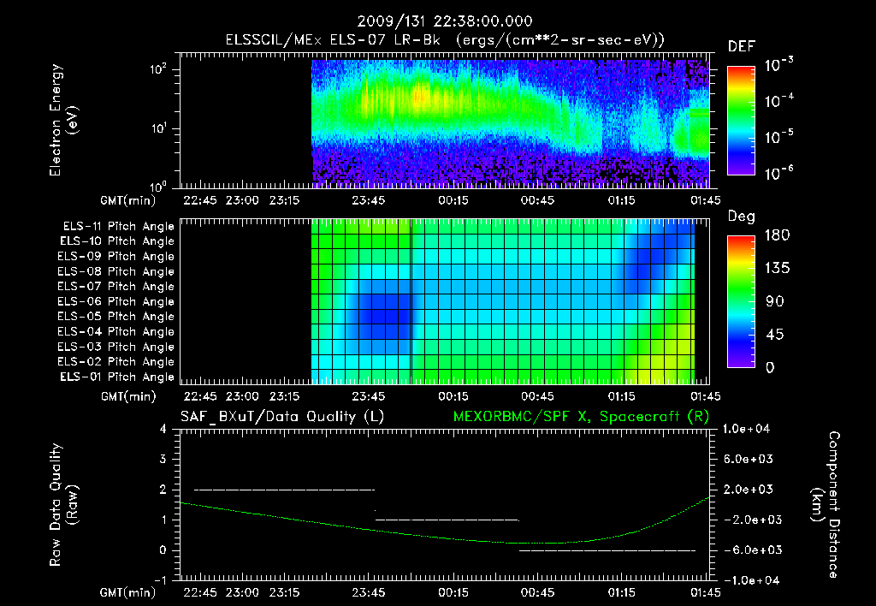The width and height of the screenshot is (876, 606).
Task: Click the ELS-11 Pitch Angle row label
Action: pyautogui.click(x=117, y=226)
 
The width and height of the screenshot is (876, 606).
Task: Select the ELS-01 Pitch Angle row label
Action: pyautogui.click(x=117, y=377)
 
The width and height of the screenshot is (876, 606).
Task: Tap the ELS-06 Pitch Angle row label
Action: pyautogui.click(x=117, y=301)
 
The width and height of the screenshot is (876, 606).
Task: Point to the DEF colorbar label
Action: pyautogui.click(x=740, y=46)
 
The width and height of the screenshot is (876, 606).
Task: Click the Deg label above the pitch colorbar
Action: pyautogui.click(x=740, y=217)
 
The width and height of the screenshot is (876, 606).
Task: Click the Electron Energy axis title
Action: pyautogui.click(x=65, y=122)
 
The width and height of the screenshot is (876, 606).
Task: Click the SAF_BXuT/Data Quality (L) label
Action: pyautogui.click(x=281, y=416)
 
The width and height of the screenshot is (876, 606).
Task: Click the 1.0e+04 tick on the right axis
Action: pyautogui.click(x=749, y=429)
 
